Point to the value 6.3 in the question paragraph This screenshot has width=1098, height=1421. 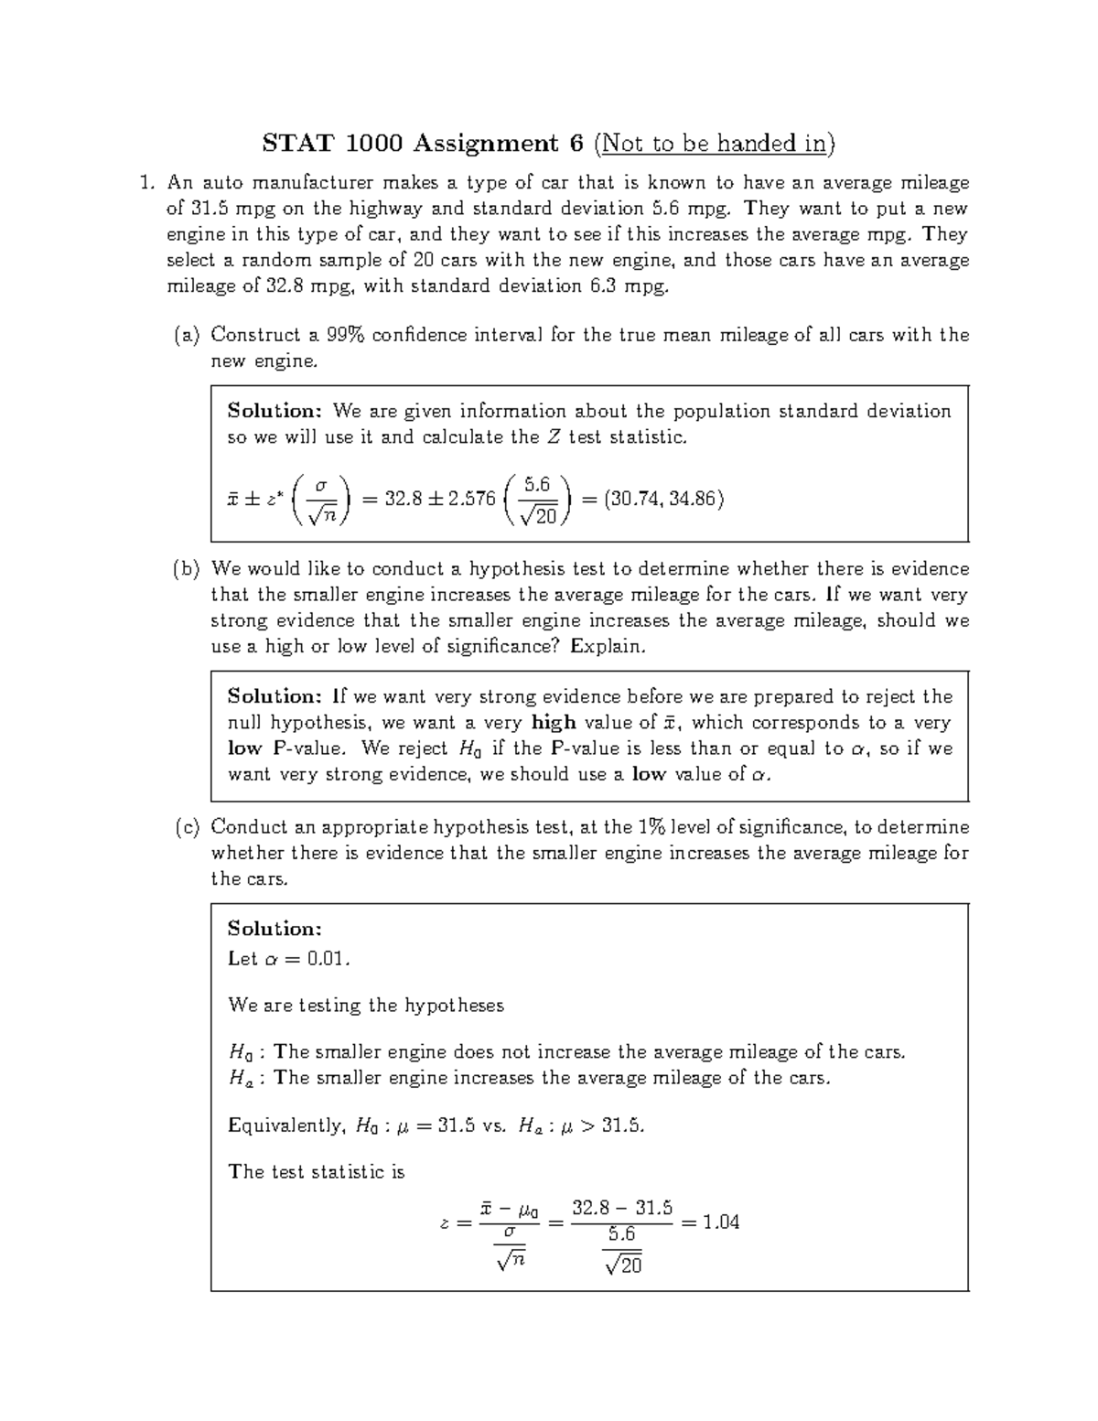pos(599,286)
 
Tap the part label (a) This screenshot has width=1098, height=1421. pos(187,335)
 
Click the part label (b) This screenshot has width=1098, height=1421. pos(187,569)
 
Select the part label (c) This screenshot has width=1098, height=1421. pos(187,827)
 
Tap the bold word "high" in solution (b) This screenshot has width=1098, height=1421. pos(553,723)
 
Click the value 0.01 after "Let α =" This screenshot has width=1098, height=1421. pos(328,959)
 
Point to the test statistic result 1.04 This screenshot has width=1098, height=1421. pos(720,1222)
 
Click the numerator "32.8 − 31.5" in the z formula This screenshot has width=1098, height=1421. pos(621,1208)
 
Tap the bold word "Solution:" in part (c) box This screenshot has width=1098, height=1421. pos(274,929)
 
